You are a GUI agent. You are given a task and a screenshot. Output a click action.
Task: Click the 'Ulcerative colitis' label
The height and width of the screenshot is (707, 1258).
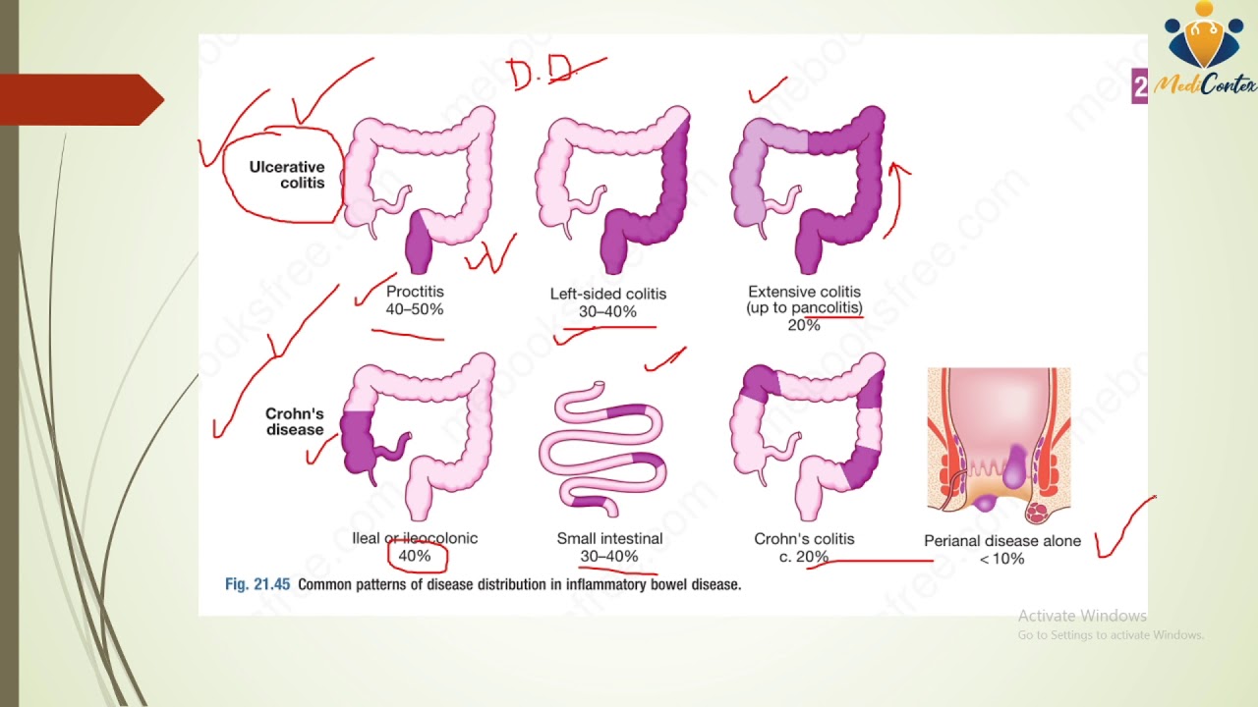click(286, 175)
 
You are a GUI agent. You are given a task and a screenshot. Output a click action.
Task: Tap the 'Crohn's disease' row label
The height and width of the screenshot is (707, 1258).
click(294, 421)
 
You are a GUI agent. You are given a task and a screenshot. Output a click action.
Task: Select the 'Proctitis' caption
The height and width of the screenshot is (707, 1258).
click(415, 292)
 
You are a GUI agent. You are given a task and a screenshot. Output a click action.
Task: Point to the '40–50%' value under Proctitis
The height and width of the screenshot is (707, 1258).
click(415, 309)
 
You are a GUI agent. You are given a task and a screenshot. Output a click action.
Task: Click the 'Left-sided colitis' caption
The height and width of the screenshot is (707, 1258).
click(607, 294)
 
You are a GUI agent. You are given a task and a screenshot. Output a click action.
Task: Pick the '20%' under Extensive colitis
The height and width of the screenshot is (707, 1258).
click(803, 325)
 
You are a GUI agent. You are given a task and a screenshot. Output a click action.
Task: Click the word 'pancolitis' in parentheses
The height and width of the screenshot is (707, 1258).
click(827, 308)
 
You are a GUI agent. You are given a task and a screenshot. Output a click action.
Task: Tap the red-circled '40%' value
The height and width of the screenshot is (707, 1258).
click(415, 556)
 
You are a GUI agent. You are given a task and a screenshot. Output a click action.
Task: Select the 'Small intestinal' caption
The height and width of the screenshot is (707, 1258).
click(609, 538)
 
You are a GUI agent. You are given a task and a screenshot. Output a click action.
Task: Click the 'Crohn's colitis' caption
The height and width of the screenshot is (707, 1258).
click(804, 538)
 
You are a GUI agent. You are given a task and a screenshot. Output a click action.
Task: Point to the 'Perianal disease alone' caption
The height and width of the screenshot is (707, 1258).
click(1001, 541)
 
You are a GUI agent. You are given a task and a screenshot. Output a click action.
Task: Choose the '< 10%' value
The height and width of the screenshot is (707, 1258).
click(1001, 559)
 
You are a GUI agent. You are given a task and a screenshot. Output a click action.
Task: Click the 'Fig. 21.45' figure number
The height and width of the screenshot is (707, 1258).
click(257, 584)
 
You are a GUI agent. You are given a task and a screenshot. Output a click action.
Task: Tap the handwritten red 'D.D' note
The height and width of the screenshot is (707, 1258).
click(539, 74)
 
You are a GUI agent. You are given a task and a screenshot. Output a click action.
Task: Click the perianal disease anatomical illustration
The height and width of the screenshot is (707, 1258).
click(999, 447)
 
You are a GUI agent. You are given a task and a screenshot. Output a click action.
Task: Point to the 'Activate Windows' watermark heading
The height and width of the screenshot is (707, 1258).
click(1082, 616)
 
